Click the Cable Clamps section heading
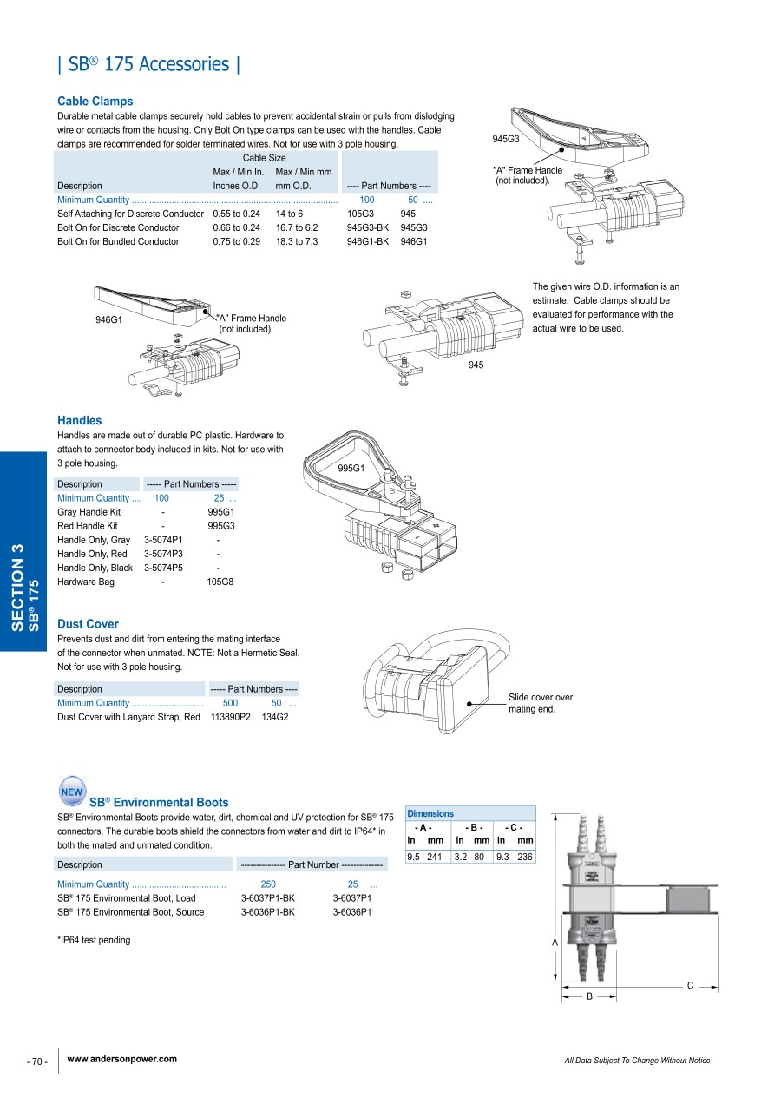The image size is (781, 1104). pos(95,102)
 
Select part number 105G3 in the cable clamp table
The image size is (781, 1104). pos(360,214)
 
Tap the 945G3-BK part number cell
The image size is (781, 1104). pos(367,227)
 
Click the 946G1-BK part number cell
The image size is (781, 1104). pos(367,241)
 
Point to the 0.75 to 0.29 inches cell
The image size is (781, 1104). pos(236,241)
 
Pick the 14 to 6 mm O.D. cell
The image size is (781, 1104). pos(289,214)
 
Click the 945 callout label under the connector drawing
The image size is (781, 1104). pos(476,365)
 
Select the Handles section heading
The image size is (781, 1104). pos(80,421)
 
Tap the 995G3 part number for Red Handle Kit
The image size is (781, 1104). pos(221,526)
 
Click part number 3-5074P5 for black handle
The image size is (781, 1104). pos(163,568)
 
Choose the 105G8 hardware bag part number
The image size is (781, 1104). pos(220,582)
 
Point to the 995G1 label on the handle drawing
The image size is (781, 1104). pos(351,469)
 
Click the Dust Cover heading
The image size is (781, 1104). pos(88,624)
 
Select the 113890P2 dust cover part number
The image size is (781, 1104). pos(231,717)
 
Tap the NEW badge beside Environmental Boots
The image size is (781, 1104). pos(72,792)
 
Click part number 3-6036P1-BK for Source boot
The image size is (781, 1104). pos(268,912)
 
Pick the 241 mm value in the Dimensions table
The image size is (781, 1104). pos(435,857)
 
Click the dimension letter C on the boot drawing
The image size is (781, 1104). pos(690,985)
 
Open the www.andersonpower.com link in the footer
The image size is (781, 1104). pos(121,1059)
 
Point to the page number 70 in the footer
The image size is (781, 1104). pos(38,1061)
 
